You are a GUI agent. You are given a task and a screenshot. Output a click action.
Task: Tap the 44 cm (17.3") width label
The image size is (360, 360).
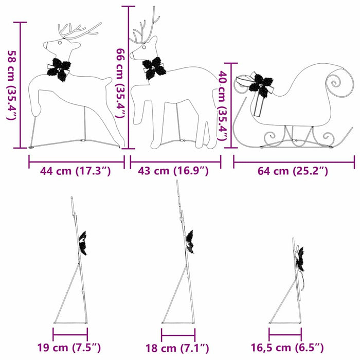coord(76,171)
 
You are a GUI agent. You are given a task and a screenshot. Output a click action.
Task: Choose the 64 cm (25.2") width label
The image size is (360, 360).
coord(293,171)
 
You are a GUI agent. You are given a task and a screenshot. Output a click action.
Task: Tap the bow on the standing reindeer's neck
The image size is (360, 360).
coord(154,68)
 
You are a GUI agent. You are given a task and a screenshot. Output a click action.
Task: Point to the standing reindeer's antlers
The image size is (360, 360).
coord(145,30)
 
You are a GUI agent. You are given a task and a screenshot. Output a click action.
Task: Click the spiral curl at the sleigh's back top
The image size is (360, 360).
coord(336,82)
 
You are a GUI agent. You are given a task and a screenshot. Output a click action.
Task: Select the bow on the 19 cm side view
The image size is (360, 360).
coord(83,243)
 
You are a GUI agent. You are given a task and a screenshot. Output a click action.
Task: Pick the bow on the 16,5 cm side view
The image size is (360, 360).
coord(299,260)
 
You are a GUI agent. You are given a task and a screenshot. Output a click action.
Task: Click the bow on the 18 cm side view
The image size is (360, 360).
coord(190,242)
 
